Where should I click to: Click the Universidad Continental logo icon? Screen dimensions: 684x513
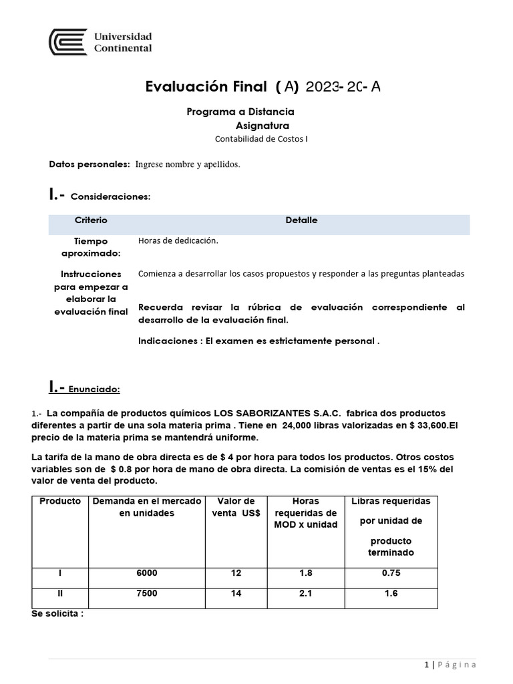[67, 42]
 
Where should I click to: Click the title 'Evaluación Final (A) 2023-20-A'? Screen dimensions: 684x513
[263, 86]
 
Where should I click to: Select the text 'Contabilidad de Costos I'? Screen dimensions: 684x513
[261, 139]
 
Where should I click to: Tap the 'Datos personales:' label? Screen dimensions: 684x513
[90, 164]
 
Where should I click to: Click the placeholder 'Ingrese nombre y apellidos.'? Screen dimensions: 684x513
[187, 164]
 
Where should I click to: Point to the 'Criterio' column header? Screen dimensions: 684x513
[91, 220]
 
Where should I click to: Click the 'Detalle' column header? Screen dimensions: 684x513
[301, 220]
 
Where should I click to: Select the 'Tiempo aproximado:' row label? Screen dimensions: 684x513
[91, 246]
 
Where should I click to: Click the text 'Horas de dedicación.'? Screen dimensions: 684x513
[178, 241]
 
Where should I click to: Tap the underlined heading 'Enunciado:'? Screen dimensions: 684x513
[95, 389]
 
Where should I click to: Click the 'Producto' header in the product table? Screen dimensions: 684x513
[60, 501]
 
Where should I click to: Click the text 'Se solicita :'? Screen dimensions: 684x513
[57, 613]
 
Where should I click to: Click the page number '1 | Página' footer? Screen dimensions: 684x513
[450, 665]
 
